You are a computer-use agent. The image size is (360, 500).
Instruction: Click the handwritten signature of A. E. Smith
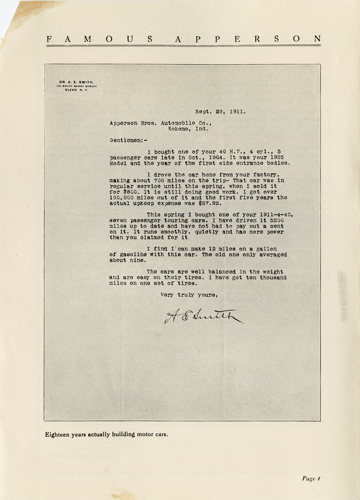coord(203,316)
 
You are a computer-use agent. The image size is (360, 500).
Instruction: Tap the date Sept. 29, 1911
coord(220,112)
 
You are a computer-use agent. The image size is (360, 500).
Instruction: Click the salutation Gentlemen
coord(126,140)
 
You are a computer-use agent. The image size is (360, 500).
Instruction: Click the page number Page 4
coord(311,478)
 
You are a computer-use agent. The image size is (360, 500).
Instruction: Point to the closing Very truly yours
coord(189,295)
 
